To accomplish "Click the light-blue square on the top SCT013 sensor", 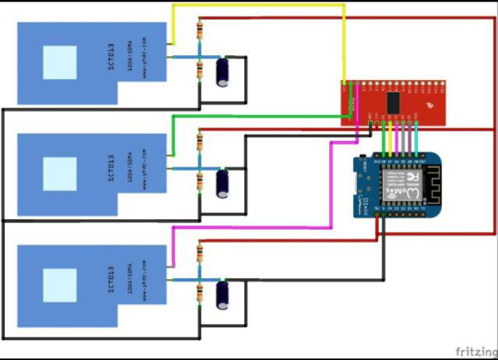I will coord(60,62).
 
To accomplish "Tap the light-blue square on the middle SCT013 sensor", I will coord(60,174).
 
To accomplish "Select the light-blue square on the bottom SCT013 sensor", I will coord(60,285).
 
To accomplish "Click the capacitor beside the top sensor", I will coord(223,71).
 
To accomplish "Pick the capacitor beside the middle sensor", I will coord(223,183).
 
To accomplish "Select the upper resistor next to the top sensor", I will coord(200,32).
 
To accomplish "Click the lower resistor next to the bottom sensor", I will coord(200,292).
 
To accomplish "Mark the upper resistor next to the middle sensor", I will coord(200,142).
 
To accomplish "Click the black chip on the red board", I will coord(395,102).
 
